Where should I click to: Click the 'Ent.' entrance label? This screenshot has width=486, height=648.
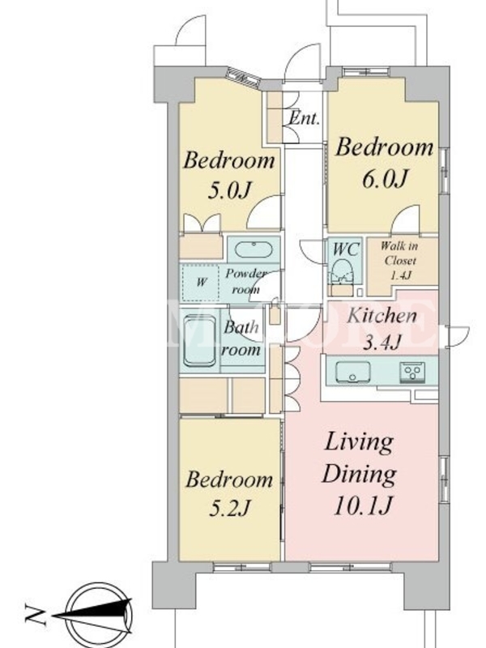(x=304, y=118)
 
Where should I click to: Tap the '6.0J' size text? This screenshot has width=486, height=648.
(x=385, y=178)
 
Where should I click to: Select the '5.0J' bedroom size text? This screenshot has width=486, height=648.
(x=229, y=190)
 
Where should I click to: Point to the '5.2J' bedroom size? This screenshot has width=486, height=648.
(x=229, y=508)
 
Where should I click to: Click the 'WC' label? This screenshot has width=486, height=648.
(x=347, y=249)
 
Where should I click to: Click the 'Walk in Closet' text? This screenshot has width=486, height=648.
(x=399, y=254)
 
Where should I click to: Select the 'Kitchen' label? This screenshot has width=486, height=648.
(x=382, y=316)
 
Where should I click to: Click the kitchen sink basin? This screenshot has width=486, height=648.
(x=352, y=372)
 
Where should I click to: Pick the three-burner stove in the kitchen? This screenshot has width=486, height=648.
(x=411, y=372)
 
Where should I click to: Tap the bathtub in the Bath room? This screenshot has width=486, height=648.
(x=199, y=341)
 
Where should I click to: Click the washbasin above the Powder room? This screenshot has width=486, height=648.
(x=254, y=249)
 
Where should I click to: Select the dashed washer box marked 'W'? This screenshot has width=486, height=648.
(x=201, y=283)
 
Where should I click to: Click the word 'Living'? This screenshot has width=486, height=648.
(x=359, y=443)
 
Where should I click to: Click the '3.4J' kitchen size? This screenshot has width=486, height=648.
(x=382, y=342)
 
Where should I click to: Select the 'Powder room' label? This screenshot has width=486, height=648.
(x=245, y=281)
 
